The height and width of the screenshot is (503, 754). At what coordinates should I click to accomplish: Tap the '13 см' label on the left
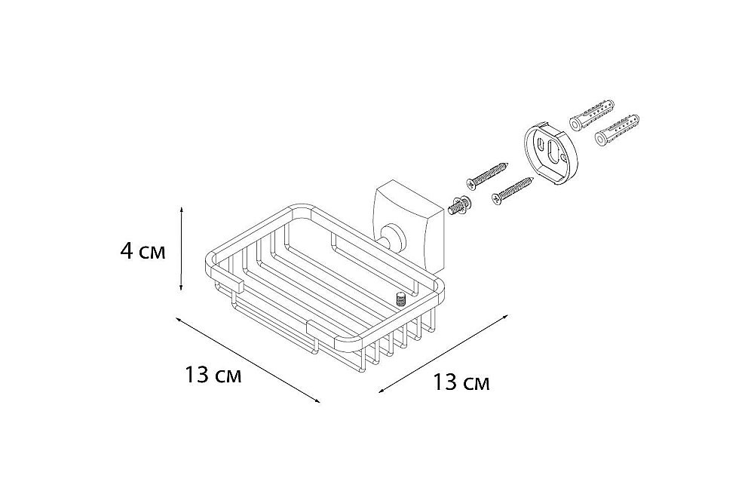pyautogui.click(x=212, y=375)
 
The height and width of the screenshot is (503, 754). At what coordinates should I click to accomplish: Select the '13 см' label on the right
pyautogui.click(x=461, y=382)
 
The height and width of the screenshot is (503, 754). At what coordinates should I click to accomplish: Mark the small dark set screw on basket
pyautogui.click(x=400, y=299)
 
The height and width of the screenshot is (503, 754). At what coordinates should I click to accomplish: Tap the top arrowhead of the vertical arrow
pyautogui.click(x=181, y=212)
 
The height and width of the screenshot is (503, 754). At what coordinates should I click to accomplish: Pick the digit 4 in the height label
pyautogui.click(x=127, y=251)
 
